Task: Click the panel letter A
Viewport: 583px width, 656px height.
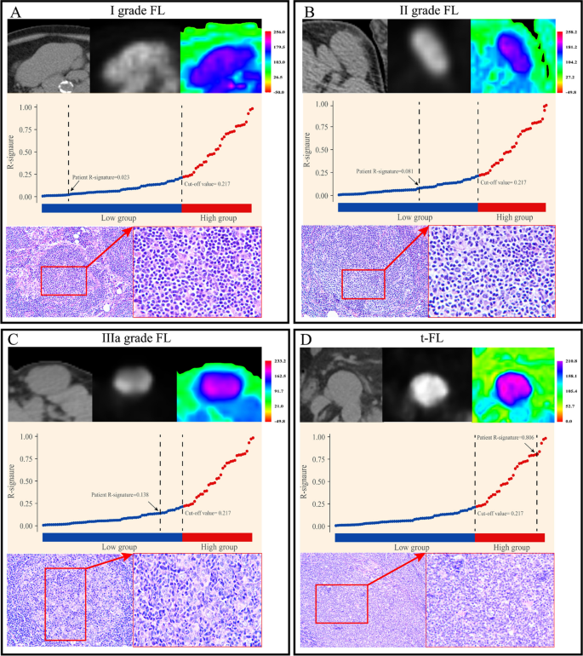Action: (14, 13)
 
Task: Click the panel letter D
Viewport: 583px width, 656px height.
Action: (307, 340)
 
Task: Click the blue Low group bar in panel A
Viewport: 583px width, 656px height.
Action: (111, 207)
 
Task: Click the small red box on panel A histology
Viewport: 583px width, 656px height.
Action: (64, 279)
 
